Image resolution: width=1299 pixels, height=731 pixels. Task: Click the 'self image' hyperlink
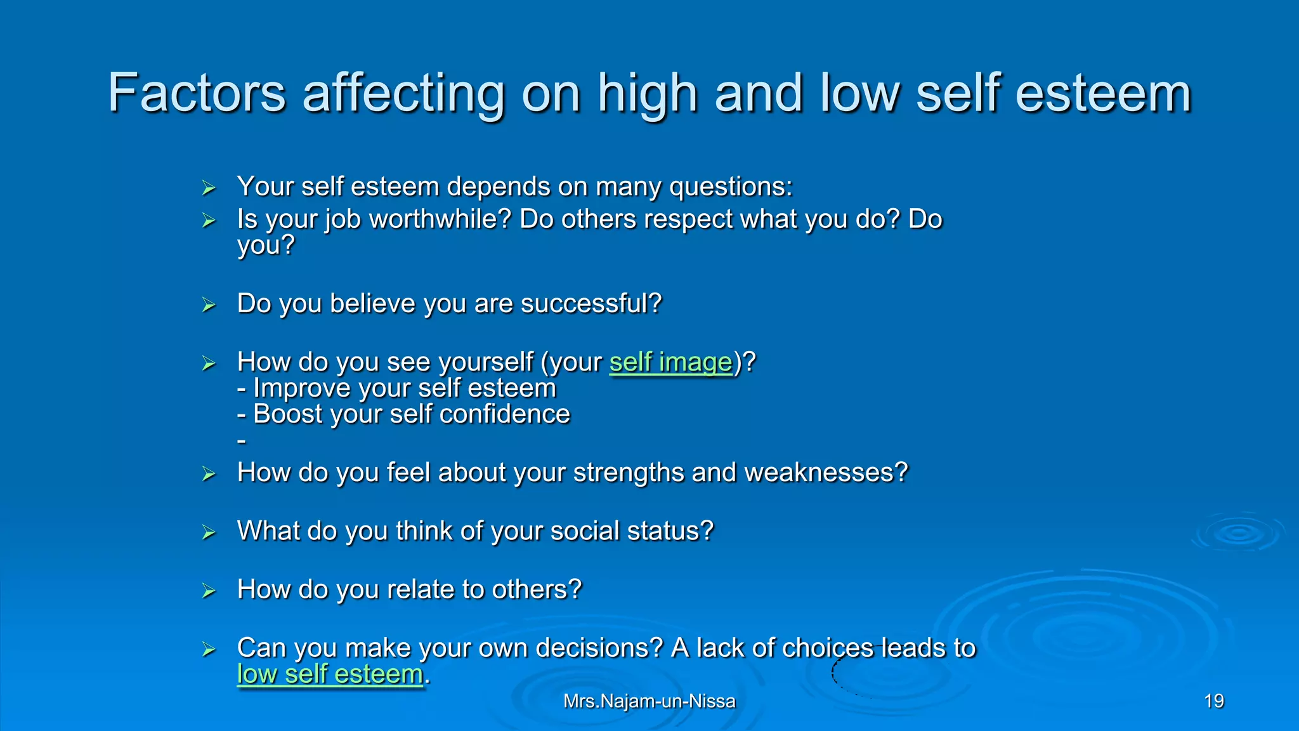coord(670,362)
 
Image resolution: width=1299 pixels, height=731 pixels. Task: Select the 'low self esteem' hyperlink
coord(330,675)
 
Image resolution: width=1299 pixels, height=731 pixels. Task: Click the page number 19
coord(1213,701)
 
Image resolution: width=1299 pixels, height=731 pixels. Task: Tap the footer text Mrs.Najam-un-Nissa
coord(649,701)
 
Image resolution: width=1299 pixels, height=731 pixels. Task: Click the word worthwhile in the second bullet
coord(440,220)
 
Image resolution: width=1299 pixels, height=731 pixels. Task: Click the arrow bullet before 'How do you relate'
coord(209,591)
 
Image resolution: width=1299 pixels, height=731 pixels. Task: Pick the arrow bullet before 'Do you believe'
coord(209,305)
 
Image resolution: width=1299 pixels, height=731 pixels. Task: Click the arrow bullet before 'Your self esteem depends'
coord(209,188)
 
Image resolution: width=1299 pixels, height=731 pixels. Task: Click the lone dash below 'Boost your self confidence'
coord(241,440)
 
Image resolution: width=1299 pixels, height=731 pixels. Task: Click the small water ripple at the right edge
coord(1237,534)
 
